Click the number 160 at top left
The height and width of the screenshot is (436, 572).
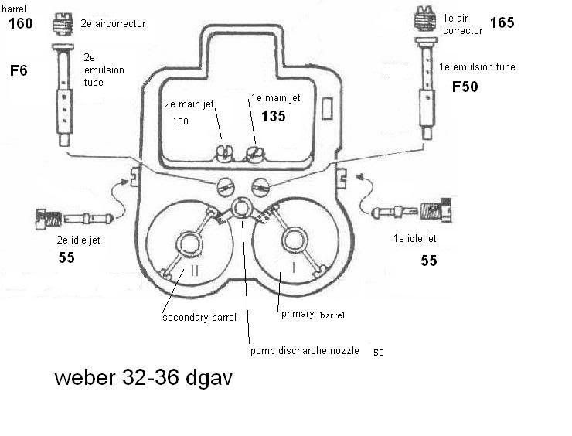[19, 25]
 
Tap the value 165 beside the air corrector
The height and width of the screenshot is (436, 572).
[502, 22]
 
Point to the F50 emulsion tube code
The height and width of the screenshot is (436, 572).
[465, 87]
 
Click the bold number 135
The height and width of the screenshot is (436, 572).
[273, 116]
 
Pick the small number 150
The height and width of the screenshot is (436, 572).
[180, 121]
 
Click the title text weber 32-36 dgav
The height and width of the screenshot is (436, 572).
[143, 379]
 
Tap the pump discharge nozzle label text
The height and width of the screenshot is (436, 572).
[305, 351]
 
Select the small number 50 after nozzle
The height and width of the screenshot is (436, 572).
[378, 352]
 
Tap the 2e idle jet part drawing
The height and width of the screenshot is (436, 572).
[74, 216]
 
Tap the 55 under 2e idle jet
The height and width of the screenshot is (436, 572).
[66, 257]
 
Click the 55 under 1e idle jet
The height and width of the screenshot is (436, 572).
[429, 261]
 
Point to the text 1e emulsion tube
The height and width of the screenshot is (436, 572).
[477, 67]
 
